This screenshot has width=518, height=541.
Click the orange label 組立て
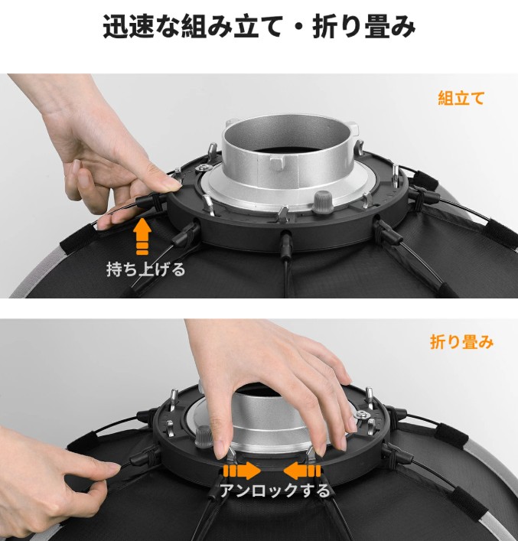click(461, 99)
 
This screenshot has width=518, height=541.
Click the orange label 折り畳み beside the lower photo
click(461, 342)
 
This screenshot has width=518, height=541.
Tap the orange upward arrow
click(142, 236)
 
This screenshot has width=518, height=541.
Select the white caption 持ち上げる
click(145, 269)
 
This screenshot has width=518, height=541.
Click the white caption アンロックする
click(275, 490)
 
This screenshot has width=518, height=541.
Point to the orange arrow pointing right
click(242, 471)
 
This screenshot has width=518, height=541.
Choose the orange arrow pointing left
click(302, 471)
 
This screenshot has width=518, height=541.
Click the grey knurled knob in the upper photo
click(323, 202)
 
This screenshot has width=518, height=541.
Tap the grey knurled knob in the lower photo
click(204, 437)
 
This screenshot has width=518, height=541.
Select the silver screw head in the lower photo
click(363, 415)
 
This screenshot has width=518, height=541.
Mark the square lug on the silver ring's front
click(279, 162)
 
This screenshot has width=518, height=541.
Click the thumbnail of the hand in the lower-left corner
click(112, 468)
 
